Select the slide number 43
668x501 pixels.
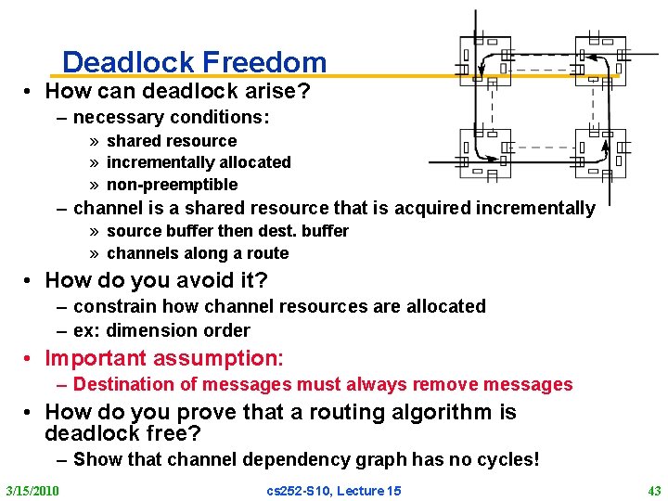click(x=654, y=490)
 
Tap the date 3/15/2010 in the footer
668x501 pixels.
click(x=32, y=490)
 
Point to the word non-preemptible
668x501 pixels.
click(x=173, y=185)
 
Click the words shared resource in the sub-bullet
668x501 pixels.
click(x=172, y=141)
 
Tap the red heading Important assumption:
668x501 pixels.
click(x=164, y=358)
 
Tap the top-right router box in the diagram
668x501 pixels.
click(x=600, y=59)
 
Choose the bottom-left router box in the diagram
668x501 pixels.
click(x=484, y=152)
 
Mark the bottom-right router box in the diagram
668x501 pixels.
click(x=600, y=152)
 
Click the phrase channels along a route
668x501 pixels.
click(x=198, y=253)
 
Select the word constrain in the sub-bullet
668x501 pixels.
click(x=112, y=306)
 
